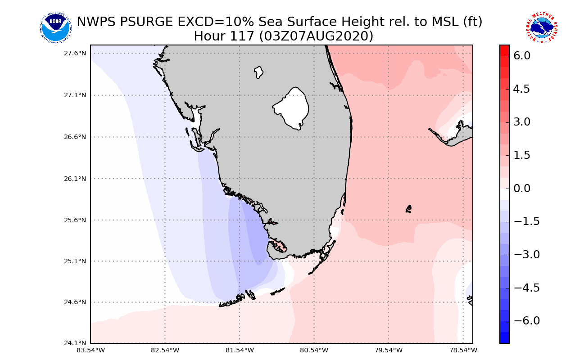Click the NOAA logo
(x=55, y=28)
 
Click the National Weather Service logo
(x=541, y=28)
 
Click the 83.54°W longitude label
(x=91, y=351)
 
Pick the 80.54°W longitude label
(x=314, y=351)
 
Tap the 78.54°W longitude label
(x=463, y=351)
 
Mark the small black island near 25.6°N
(x=409, y=209)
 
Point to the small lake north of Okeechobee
(x=258, y=72)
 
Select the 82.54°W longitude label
(x=165, y=351)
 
